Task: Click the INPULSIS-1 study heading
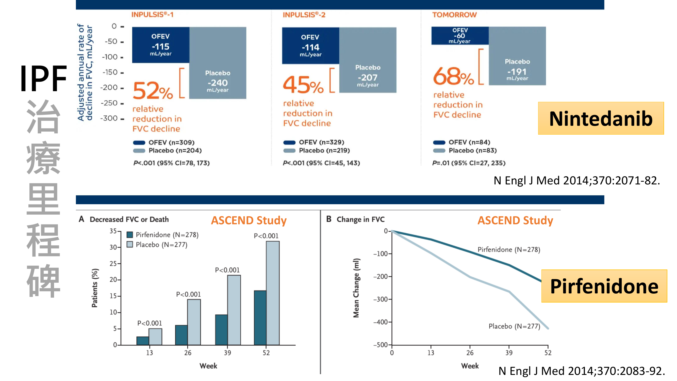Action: [x=152, y=14]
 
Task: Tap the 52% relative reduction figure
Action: [x=153, y=91]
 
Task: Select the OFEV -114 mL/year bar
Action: [x=310, y=46]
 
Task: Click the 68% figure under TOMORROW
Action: [x=453, y=76]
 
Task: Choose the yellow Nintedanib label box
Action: [x=601, y=118]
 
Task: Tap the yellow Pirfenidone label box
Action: [x=604, y=286]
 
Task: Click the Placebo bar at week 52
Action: [x=273, y=293]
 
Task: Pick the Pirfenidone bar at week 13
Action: [x=143, y=341]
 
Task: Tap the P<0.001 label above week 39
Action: [x=227, y=270]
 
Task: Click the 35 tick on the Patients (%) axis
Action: [x=113, y=231]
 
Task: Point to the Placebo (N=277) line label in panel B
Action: [x=514, y=326]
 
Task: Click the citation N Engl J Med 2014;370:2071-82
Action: [x=577, y=181]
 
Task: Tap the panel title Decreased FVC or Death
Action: [x=129, y=219]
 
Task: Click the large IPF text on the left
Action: [x=43, y=78]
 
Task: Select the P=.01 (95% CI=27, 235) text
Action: [x=469, y=163]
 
